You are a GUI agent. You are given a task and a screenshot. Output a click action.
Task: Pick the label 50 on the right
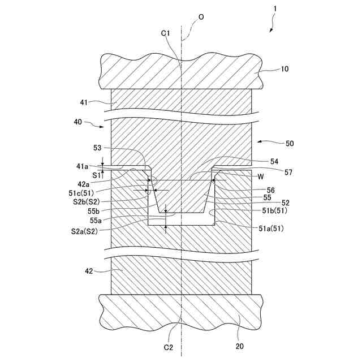(290, 144)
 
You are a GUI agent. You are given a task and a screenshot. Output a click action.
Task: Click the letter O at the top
(201, 18)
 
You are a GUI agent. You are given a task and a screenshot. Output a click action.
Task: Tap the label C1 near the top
(166, 33)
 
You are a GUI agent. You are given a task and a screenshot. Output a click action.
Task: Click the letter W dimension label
(261, 176)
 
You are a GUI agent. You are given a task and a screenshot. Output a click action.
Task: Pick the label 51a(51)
(270, 229)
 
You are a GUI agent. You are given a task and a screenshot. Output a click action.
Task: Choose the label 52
(269, 202)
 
